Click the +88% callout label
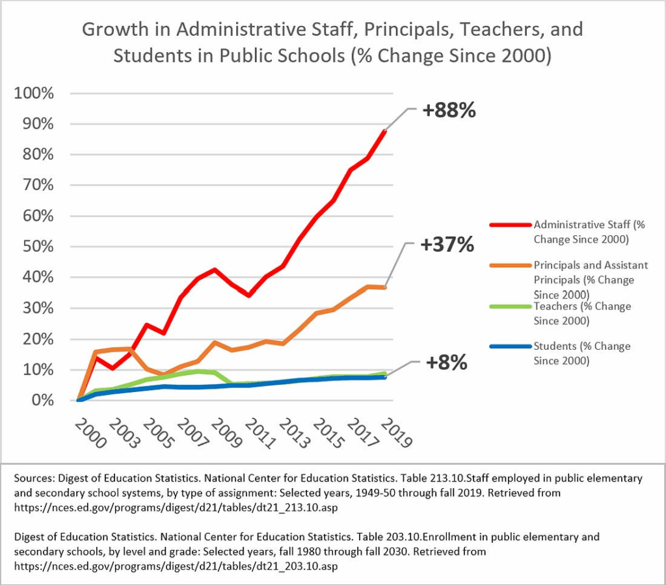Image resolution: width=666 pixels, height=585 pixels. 449,110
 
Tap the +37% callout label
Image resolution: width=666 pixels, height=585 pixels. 447,245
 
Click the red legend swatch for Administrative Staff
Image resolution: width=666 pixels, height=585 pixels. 509,225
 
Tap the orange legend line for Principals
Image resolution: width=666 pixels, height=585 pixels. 509,265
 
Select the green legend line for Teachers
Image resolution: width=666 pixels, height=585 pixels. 509,306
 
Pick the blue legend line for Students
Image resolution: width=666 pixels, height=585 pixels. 509,346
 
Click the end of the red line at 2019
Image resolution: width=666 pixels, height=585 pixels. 385,131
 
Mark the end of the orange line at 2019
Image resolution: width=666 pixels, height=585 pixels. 385,287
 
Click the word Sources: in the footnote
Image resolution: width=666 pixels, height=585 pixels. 33,478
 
